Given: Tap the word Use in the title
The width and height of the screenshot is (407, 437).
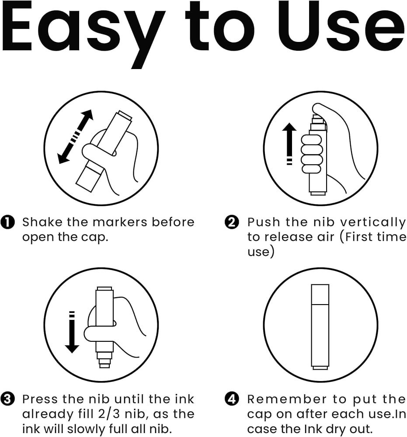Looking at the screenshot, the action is point(341,27).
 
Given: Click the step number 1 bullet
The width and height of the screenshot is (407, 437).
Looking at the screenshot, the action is point(7,222).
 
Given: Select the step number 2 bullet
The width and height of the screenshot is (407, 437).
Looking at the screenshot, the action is point(232,222).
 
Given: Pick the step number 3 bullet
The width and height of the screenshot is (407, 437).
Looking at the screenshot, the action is point(7,399).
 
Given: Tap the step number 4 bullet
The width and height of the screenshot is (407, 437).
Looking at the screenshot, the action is point(232,399).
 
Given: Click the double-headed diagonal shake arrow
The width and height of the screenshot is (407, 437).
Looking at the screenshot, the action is point(75,137).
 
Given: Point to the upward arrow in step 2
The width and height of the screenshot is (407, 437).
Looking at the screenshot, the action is point(289,144).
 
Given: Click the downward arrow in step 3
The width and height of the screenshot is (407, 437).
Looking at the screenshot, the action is point(72,332).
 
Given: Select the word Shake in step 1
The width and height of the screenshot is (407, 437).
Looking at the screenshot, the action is point(42,222).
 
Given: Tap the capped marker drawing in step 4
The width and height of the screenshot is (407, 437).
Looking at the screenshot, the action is point(320,327).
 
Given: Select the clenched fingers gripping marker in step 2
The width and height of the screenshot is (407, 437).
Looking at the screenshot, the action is point(311,154).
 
